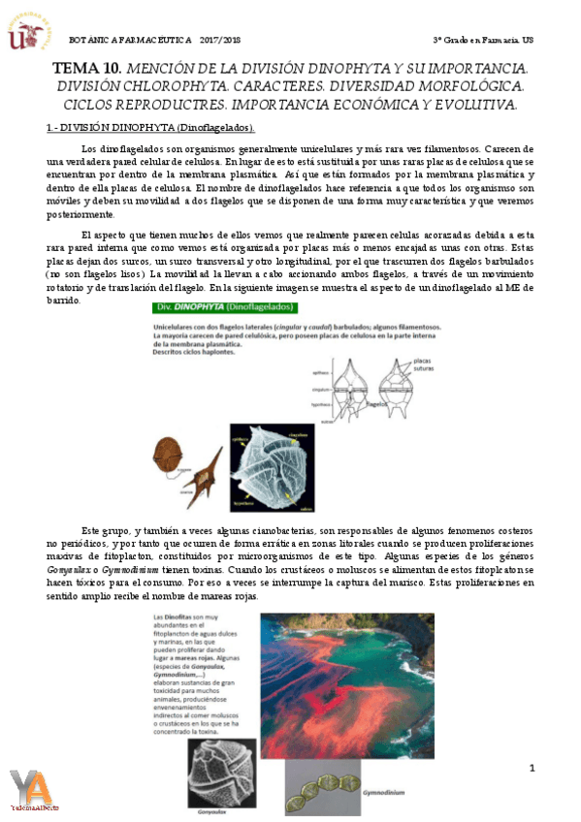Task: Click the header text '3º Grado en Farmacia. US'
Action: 482,39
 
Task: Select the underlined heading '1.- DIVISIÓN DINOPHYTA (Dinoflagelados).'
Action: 150,128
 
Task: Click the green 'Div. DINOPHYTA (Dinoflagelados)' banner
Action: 225,308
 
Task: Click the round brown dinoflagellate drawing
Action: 173,452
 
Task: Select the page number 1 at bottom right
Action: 532,769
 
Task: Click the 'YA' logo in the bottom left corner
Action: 32,789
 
